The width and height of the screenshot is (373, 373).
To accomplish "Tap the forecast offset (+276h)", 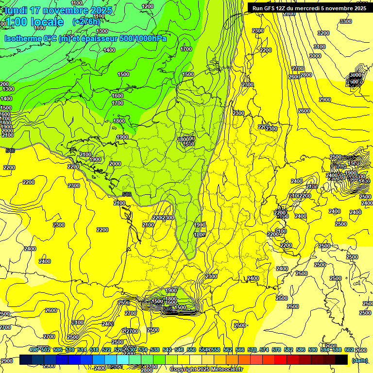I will (86, 21).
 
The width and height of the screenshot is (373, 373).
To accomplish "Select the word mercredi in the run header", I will (316, 8).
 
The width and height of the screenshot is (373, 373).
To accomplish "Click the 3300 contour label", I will (346, 21).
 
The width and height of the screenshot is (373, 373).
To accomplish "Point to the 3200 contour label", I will (323, 33).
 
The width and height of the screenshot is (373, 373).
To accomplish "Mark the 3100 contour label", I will (319, 47).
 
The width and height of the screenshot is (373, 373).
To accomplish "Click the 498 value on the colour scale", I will (34, 350).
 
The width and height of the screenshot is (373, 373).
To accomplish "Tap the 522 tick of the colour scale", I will (106, 350).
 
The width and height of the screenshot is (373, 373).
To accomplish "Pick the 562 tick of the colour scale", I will (228, 350).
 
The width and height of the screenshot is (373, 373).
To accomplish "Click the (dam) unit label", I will (359, 360).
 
